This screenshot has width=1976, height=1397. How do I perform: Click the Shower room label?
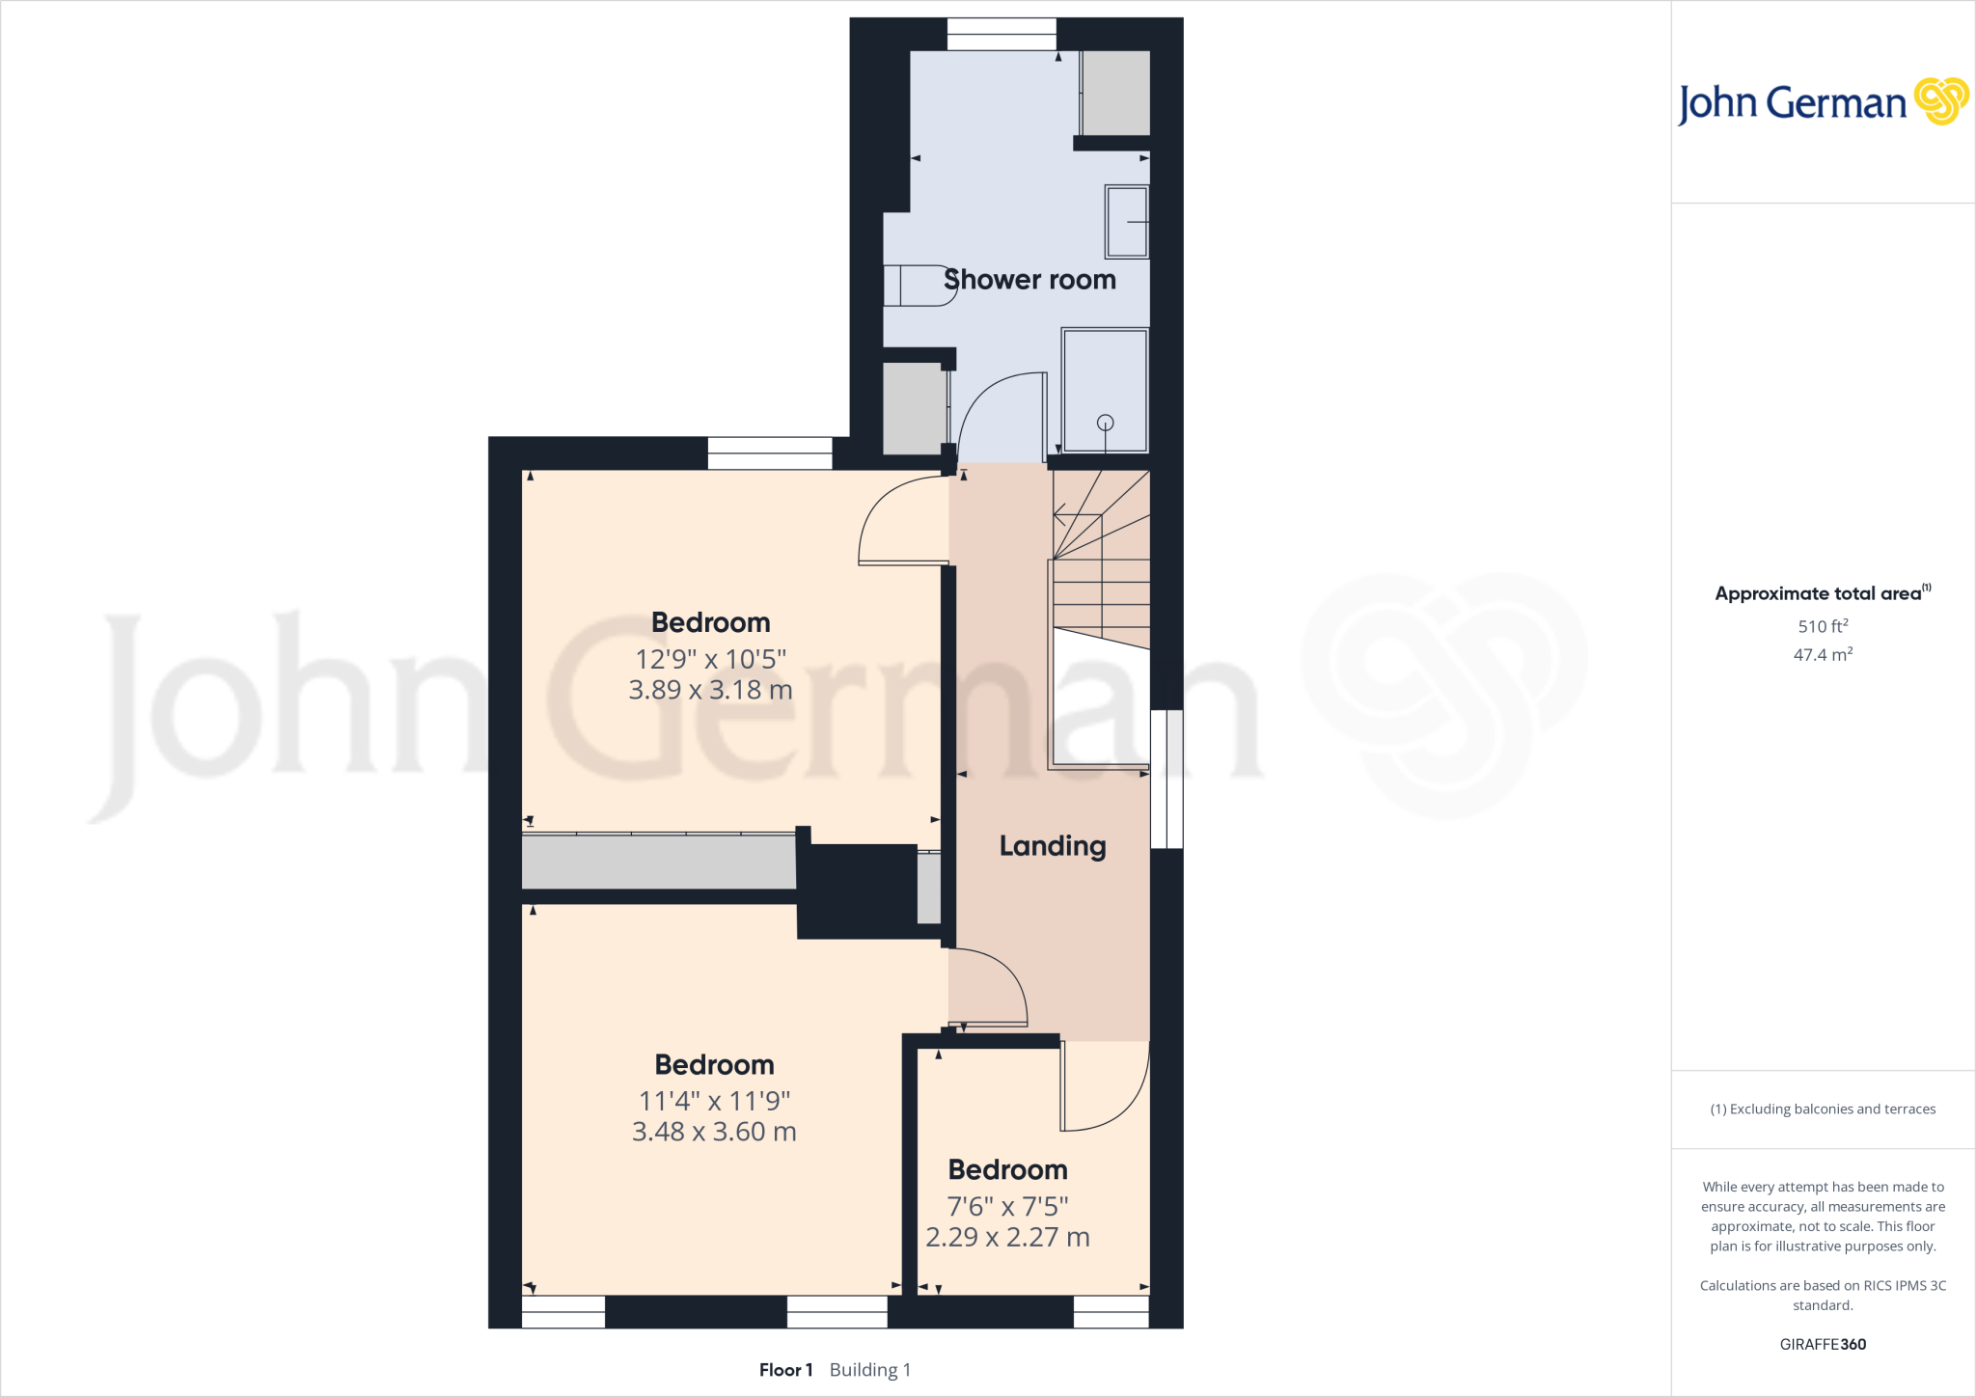coord(1029,280)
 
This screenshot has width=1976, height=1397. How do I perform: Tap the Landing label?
coord(1053,846)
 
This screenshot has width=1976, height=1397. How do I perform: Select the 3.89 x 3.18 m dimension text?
coord(710,690)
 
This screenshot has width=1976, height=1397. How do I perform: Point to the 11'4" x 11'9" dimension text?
coord(714,1101)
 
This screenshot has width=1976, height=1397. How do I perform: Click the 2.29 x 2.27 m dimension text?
coord(1007,1237)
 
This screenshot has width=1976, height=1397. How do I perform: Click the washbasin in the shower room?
coord(1127,222)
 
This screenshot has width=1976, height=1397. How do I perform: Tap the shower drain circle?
coord(1106,423)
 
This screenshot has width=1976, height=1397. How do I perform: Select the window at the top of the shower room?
coord(1002,35)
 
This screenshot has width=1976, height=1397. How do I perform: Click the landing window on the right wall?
coord(1166,780)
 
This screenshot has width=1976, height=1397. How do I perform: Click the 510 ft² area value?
coord(1823,626)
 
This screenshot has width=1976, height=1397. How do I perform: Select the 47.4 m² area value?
coord(1823,655)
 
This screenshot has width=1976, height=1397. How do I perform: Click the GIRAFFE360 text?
coord(1823,1344)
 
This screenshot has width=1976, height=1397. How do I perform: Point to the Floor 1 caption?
coord(785,1370)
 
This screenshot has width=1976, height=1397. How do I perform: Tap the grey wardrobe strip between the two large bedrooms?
coord(659,862)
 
